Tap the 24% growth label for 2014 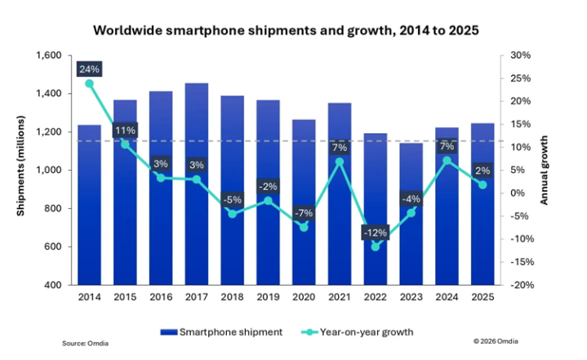(x=89, y=69)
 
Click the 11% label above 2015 (x=125, y=130)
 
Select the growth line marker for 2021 (x=340, y=162)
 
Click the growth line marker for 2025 (x=483, y=184)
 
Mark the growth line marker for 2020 (x=304, y=227)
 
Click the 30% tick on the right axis (x=522, y=56)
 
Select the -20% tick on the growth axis (x=520, y=285)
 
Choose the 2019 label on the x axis (x=268, y=300)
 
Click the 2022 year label (x=376, y=300)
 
